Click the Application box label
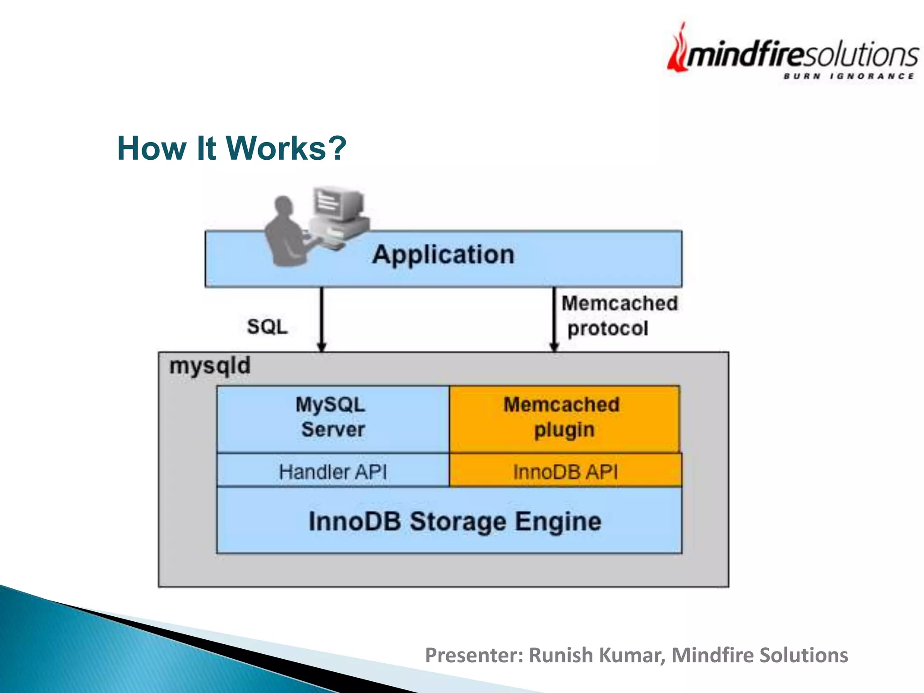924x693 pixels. pyautogui.click(x=443, y=255)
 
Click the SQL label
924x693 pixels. pyautogui.click(x=267, y=327)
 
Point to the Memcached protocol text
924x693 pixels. pyautogui.click(x=619, y=316)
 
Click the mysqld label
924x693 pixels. pyautogui.click(x=210, y=365)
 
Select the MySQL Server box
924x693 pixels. pyautogui.click(x=333, y=418)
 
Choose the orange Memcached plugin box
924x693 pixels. pyautogui.click(x=564, y=418)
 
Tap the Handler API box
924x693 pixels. pyautogui.click(x=333, y=472)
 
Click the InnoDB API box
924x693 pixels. pyautogui.click(x=565, y=472)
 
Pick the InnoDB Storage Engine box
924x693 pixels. pyautogui.click(x=454, y=521)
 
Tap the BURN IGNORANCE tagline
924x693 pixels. pyautogui.click(x=849, y=76)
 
